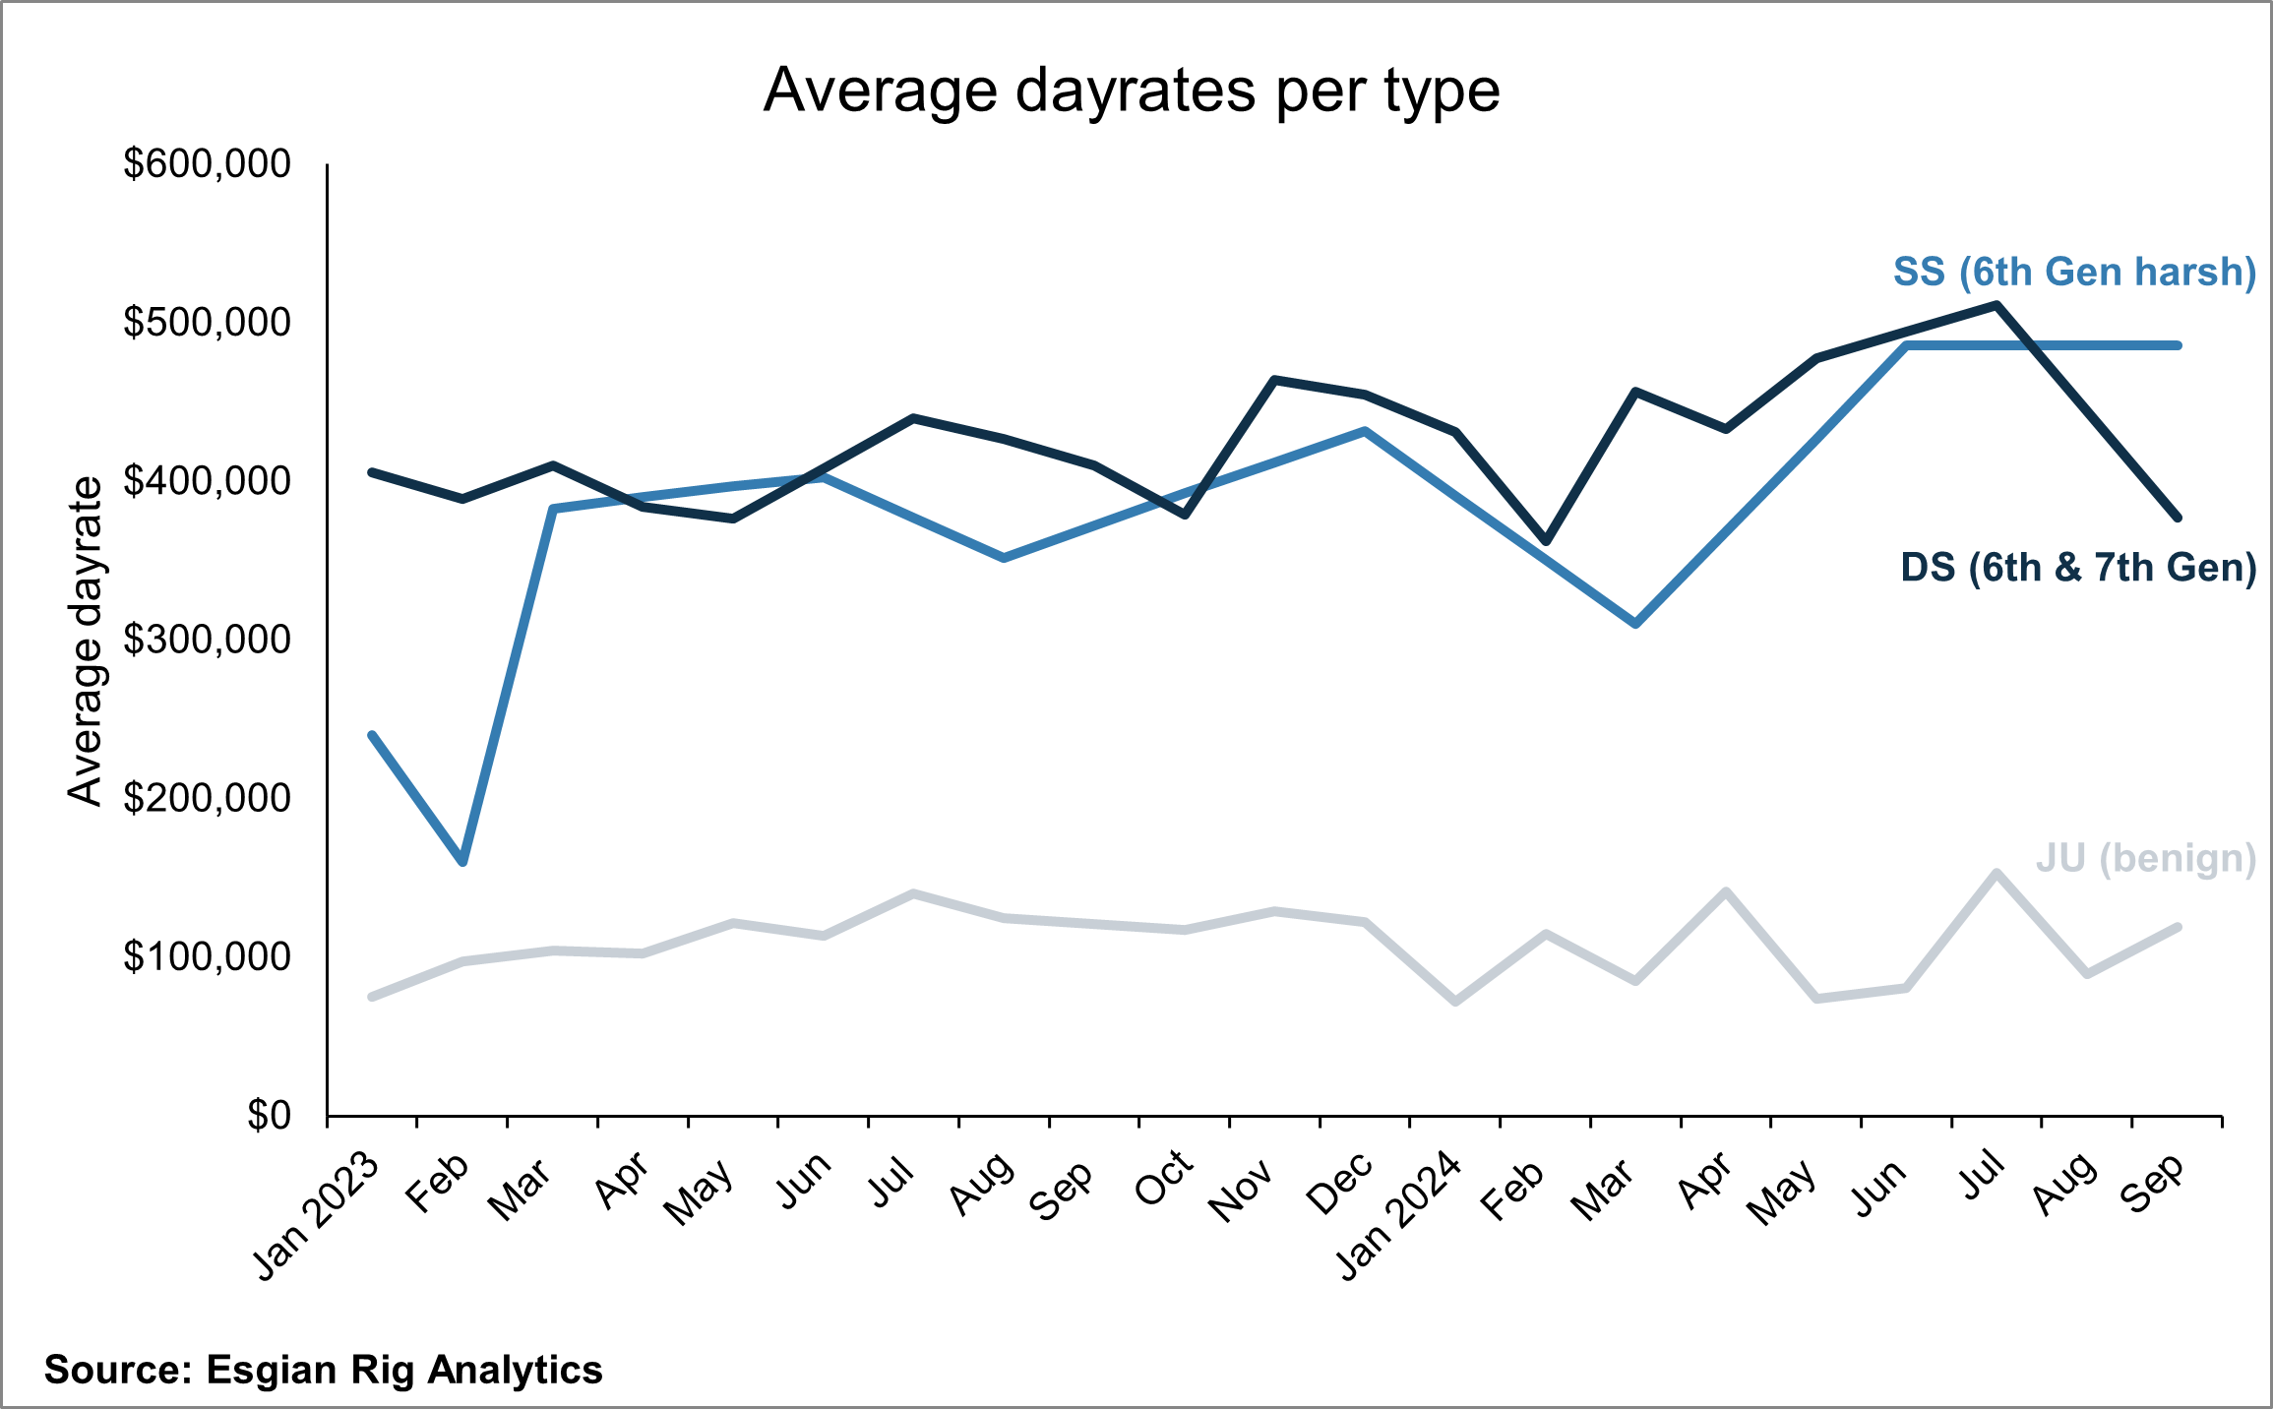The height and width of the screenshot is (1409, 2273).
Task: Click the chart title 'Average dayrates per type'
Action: (x=1132, y=92)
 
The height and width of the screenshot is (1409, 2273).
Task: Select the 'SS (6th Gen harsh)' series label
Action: (x=2074, y=272)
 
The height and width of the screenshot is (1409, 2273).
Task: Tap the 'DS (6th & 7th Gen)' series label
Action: (x=2078, y=568)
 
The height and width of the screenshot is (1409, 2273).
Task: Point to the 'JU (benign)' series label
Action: (x=2146, y=859)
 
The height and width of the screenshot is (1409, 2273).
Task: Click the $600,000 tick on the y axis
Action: (x=207, y=163)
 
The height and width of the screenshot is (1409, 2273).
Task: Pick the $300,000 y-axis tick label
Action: (x=207, y=640)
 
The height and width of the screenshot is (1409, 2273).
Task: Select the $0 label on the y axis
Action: (x=269, y=1116)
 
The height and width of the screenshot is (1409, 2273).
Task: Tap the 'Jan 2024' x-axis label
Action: (x=1399, y=1216)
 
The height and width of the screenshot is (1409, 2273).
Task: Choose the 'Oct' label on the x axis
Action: (x=1164, y=1178)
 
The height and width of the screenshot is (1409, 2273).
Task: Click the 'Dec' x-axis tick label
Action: (x=1340, y=1182)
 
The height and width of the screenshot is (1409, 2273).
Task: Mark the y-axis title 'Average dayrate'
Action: (x=86, y=642)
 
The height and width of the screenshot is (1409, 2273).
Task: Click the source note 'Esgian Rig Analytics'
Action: (x=404, y=1371)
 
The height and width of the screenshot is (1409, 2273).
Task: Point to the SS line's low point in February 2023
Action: (x=462, y=862)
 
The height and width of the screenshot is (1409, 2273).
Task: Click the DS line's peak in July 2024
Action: (x=1997, y=305)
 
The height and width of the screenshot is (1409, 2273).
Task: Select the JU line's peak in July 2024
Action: (x=1997, y=873)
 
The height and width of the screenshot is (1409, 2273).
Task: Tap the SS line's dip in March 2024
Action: (x=1635, y=624)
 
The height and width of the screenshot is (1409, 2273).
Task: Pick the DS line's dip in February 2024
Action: (x=1545, y=541)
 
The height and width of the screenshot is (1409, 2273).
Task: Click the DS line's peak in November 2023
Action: (x=1274, y=380)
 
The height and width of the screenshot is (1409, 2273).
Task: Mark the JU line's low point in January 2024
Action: (x=1455, y=1002)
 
